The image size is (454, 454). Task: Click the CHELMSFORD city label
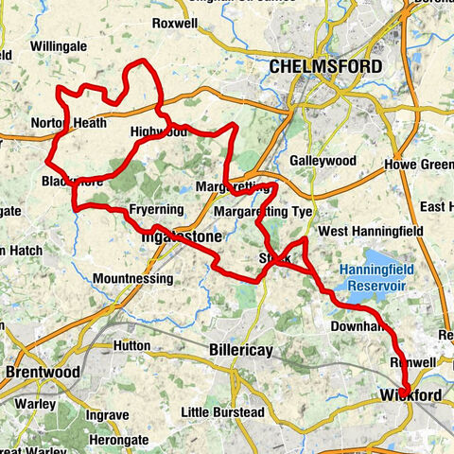tap(325, 67)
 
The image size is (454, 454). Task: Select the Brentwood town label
tap(43, 373)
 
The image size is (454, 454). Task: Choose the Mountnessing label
tap(133, 279)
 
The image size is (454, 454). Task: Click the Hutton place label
tap(131, 346)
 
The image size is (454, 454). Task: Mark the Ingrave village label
tap(108, 414)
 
